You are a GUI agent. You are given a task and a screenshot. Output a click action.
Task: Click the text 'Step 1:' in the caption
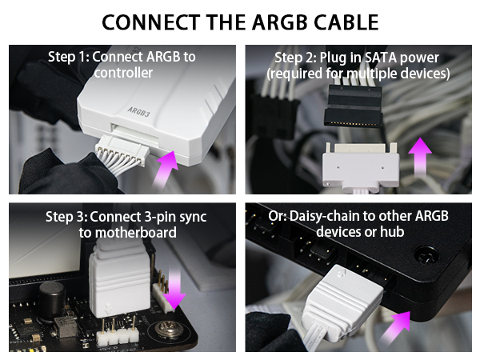coord(68,57)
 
